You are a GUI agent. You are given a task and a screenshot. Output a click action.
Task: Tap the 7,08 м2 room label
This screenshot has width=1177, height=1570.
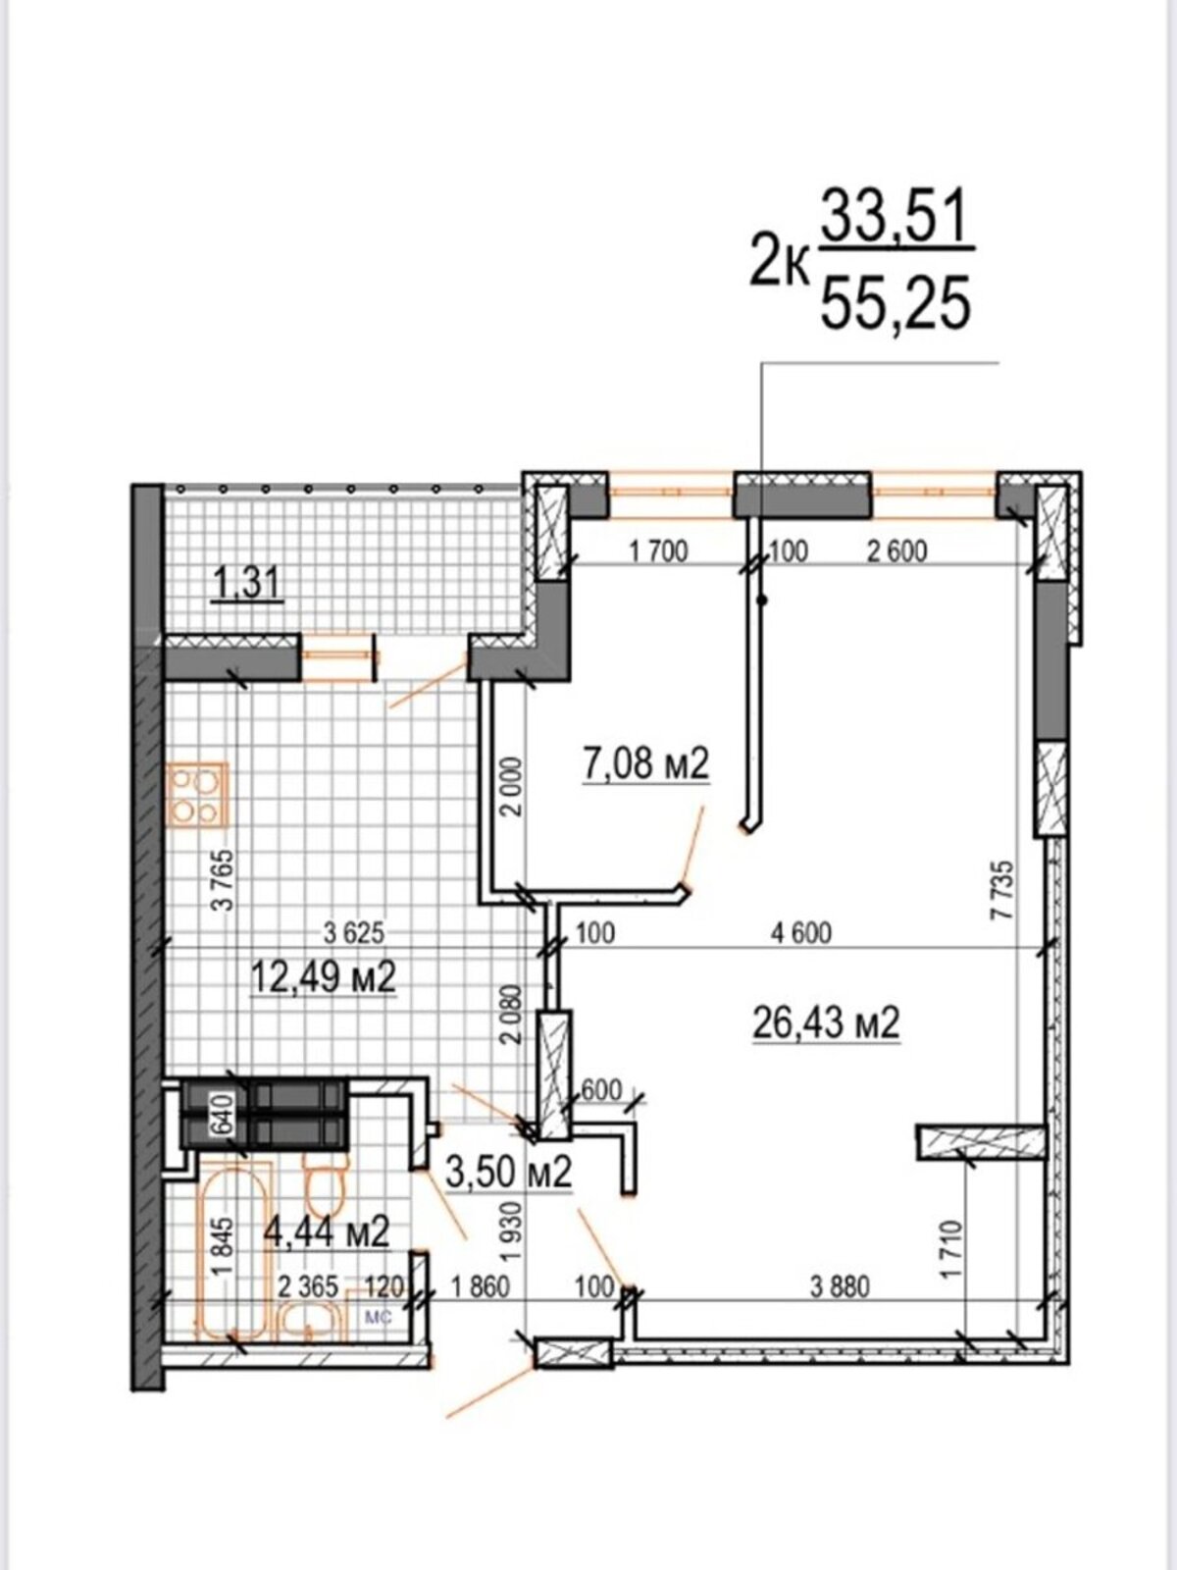pos(646,763)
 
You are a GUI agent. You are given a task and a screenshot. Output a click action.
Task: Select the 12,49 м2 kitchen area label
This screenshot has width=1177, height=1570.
pos(323,977)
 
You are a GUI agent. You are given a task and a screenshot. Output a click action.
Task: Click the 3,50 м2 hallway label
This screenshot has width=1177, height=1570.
pos(508,1173)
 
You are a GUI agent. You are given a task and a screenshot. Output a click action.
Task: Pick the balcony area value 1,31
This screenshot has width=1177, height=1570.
pos(247,586)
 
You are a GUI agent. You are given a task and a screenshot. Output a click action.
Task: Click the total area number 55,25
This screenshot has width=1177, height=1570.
pos(896,302)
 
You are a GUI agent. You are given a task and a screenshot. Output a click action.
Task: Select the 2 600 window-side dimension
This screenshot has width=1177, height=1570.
pos(896,551)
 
